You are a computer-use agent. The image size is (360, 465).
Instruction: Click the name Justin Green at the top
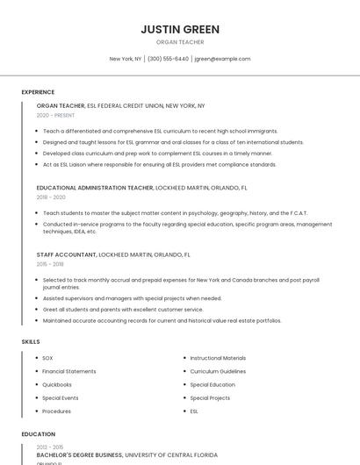click(x=180, y=29)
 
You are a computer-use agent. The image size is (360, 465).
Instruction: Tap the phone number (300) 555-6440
click(x=168, y=59)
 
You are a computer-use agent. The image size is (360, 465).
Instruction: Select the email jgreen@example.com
click(x=222, y=59)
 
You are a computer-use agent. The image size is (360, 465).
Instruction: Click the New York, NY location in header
click(x=126, y=59)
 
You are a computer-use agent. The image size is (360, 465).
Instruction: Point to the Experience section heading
click(x=38, y=91)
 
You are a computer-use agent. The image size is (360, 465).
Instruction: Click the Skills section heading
click(x=30, y=340)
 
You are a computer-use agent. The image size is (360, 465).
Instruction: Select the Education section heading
click(x=38, y=433)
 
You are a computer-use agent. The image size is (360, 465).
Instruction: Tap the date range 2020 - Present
click(x=55, y=115)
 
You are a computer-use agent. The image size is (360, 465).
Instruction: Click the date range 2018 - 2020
click(x=51, y=197)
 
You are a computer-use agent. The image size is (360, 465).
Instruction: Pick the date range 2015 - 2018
click(x=50, y=263)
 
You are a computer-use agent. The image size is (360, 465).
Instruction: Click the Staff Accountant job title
click(x=66, y=254)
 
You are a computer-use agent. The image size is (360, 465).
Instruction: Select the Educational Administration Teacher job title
click(x=94, y=188)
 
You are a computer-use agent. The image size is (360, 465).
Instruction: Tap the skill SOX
click(x=47, y=358)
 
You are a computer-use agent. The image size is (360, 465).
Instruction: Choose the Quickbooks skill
click(x=57, y=384)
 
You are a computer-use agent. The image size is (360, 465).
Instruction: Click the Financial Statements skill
click(x=68, y=371)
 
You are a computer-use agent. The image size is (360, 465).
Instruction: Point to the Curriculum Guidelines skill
click(x=218, y=371)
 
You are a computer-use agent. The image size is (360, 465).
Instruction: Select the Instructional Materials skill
click(x=218, y=358)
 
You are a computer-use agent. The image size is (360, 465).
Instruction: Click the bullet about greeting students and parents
click(x=122, y=309)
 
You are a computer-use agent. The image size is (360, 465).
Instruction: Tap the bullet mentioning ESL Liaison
click(x=159, y=164)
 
